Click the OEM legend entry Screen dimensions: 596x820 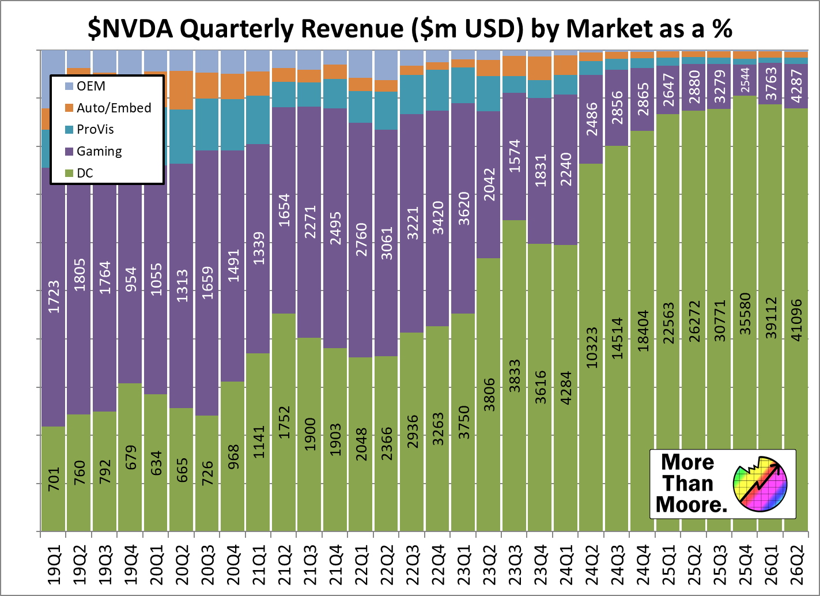point(90,86)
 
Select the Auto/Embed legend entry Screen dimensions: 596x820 point(114,108)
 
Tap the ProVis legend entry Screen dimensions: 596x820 point(95,129)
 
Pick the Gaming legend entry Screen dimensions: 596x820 point(99,151)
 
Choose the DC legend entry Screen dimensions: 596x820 point(85,173)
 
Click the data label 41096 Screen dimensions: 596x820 point(796,320)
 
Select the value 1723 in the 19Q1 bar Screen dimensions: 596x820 point(54,297)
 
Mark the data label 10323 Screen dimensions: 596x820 point(592,348)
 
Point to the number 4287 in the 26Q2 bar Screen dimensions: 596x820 point(796,86)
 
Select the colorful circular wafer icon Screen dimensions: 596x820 point(759,483)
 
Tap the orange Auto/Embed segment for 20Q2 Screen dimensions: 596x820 point(182,90)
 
